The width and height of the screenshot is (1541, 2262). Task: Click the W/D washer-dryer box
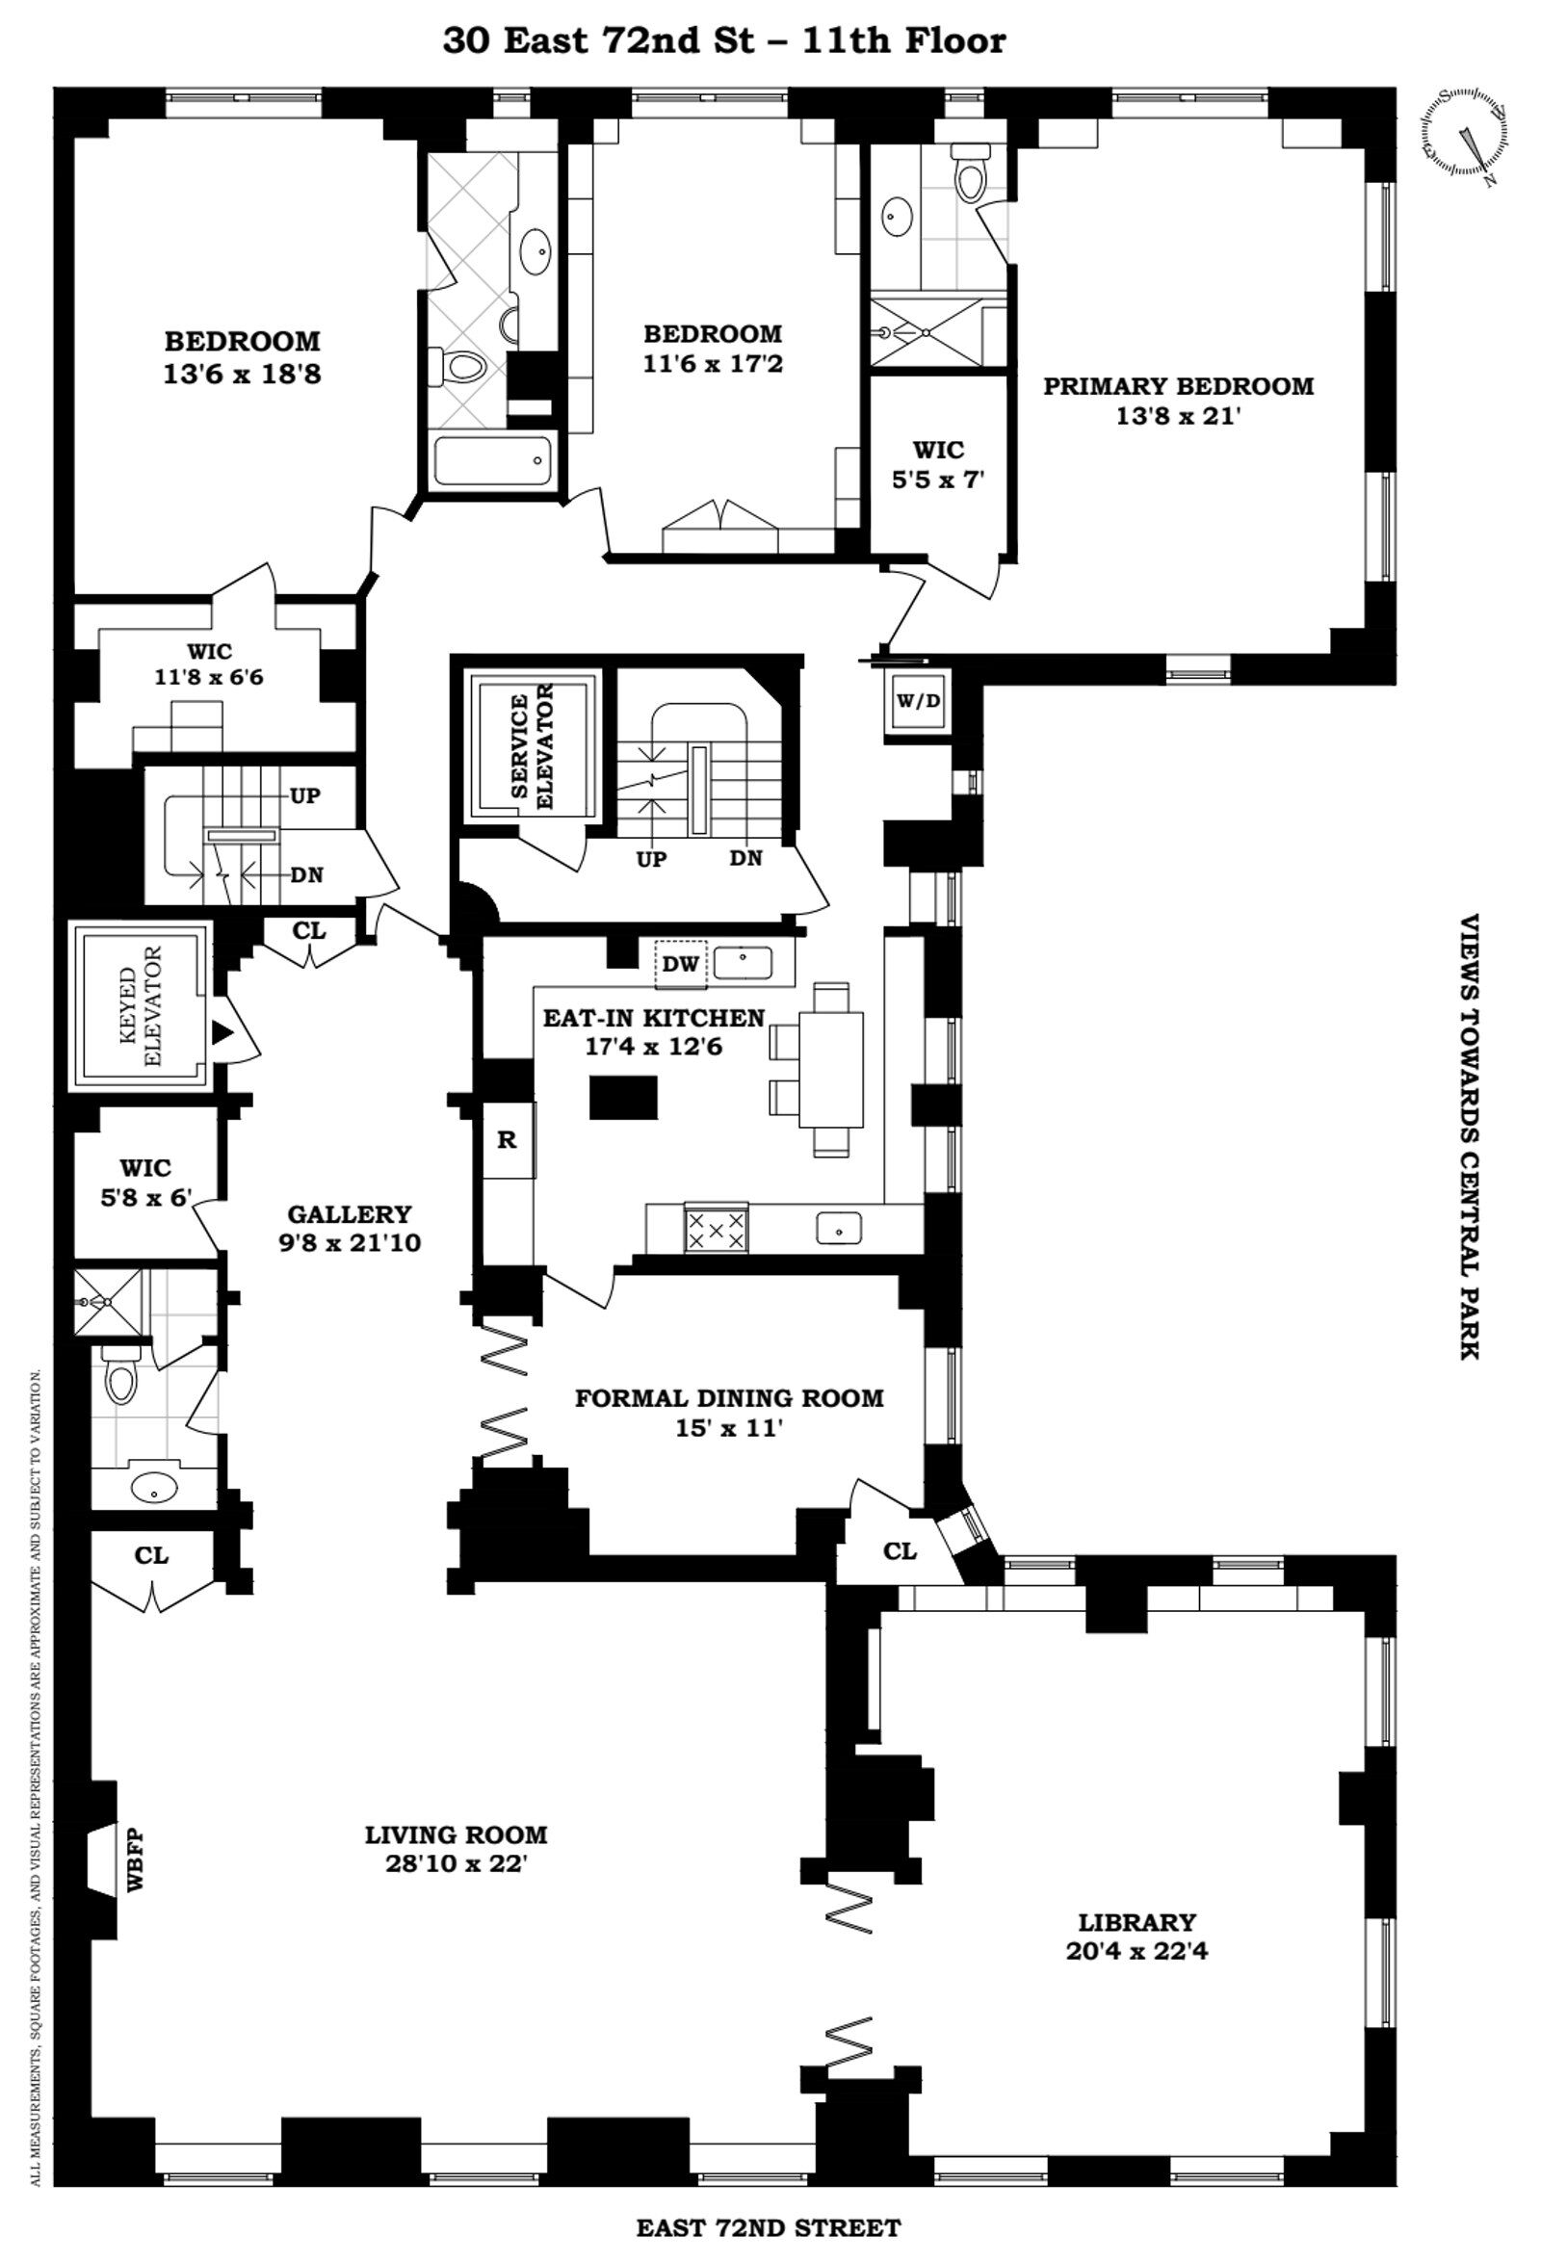click(x=918, y=702)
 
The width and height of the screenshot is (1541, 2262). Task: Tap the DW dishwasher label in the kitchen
click(x=682, y=964)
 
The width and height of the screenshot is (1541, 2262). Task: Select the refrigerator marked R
click(x=509, y=1140)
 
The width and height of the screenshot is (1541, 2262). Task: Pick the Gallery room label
click(x=350, y=1213)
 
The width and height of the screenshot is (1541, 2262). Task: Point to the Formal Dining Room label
click(x=729, y=1397)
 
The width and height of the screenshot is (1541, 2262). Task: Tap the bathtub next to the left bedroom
click(x=492, y=460)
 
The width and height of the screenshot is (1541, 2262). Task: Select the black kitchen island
click(x=623, y=1097)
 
